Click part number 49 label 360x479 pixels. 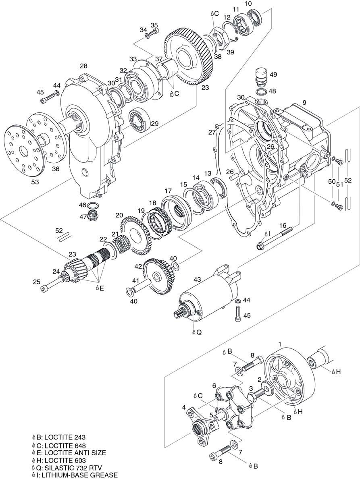tap(273, 75)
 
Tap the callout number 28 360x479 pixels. tap(83, 66)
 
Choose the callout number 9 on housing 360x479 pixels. tap(305, 103)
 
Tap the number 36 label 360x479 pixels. tap(56, 169)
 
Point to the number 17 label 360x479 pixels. tap(168, 191)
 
